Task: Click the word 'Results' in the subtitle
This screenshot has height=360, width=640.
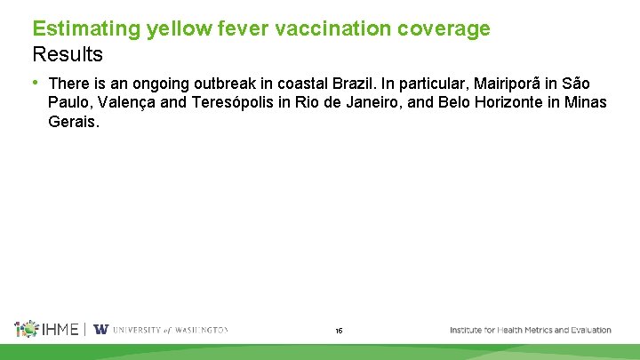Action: pyautogui.click(x=68, y=53)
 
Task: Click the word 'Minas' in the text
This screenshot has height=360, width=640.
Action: pyautogui.click(x=585, y=102)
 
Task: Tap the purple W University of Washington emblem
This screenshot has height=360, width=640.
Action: pyautogui.click(x=101, y=329)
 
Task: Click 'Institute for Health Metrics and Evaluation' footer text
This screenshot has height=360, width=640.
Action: pyautogui.click(x=531, y=330)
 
